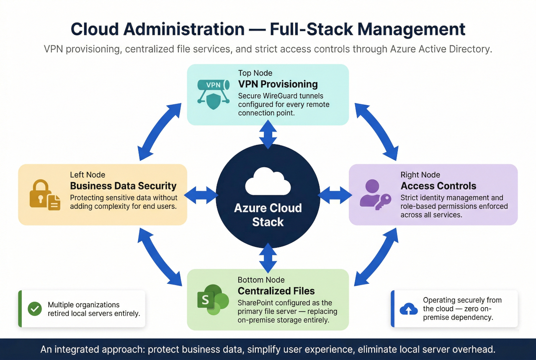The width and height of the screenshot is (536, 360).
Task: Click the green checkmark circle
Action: [x=34, y=309]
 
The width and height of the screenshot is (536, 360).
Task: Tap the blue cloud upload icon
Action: [x=409, y=309]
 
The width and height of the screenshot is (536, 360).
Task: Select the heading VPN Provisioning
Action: [x=278, y=84]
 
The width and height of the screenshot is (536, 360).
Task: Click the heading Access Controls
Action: [x=438, y=186]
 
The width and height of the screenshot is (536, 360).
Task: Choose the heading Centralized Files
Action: [x=276, y=291]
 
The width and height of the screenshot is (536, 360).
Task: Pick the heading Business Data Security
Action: [x=123, y=186]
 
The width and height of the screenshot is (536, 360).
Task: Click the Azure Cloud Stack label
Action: [x=268, y=215]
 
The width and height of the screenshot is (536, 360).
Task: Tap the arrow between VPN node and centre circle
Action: [x=268, y=134]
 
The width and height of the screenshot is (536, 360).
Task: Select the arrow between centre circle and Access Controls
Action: [x=335, y=195]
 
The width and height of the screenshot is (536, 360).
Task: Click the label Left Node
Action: [x=88, y=175]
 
